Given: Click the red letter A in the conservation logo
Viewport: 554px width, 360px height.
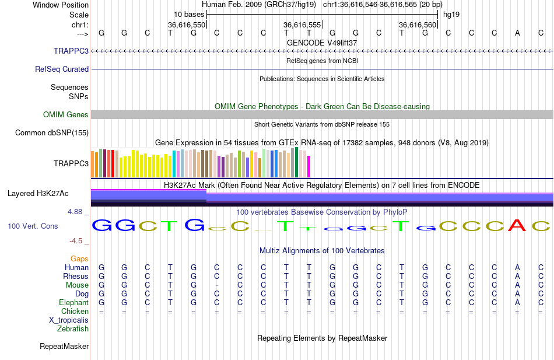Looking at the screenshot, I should point(517,225).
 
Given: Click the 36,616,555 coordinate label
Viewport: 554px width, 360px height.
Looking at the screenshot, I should point(302,25).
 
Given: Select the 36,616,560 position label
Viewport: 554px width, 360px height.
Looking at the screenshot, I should point(418,25).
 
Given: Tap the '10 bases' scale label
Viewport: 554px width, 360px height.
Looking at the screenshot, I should point(188,14).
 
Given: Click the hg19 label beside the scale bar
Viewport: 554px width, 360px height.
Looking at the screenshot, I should point(451,14).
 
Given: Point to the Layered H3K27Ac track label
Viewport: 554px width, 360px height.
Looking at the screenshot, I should point(38,193).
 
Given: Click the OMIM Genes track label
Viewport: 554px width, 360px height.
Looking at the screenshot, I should point(66,115).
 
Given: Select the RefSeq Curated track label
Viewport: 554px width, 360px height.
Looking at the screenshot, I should point(62,69).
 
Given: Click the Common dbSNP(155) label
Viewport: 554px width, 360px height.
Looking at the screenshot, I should point(52,133).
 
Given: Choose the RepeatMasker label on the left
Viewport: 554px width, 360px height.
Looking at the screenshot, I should point(64,347).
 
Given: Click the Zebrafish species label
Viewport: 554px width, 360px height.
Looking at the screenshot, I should point(73,329).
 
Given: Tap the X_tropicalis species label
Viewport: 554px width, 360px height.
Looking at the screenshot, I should point(69,320).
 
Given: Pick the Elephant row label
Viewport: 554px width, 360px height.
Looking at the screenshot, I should point(73,303).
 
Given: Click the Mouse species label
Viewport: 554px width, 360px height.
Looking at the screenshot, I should point(77,285).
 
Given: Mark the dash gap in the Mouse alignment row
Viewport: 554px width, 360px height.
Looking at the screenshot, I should point(217,285).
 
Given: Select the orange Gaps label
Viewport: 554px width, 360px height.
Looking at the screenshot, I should point(79,258).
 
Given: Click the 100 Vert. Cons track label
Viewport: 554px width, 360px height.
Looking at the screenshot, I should point(33,226).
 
